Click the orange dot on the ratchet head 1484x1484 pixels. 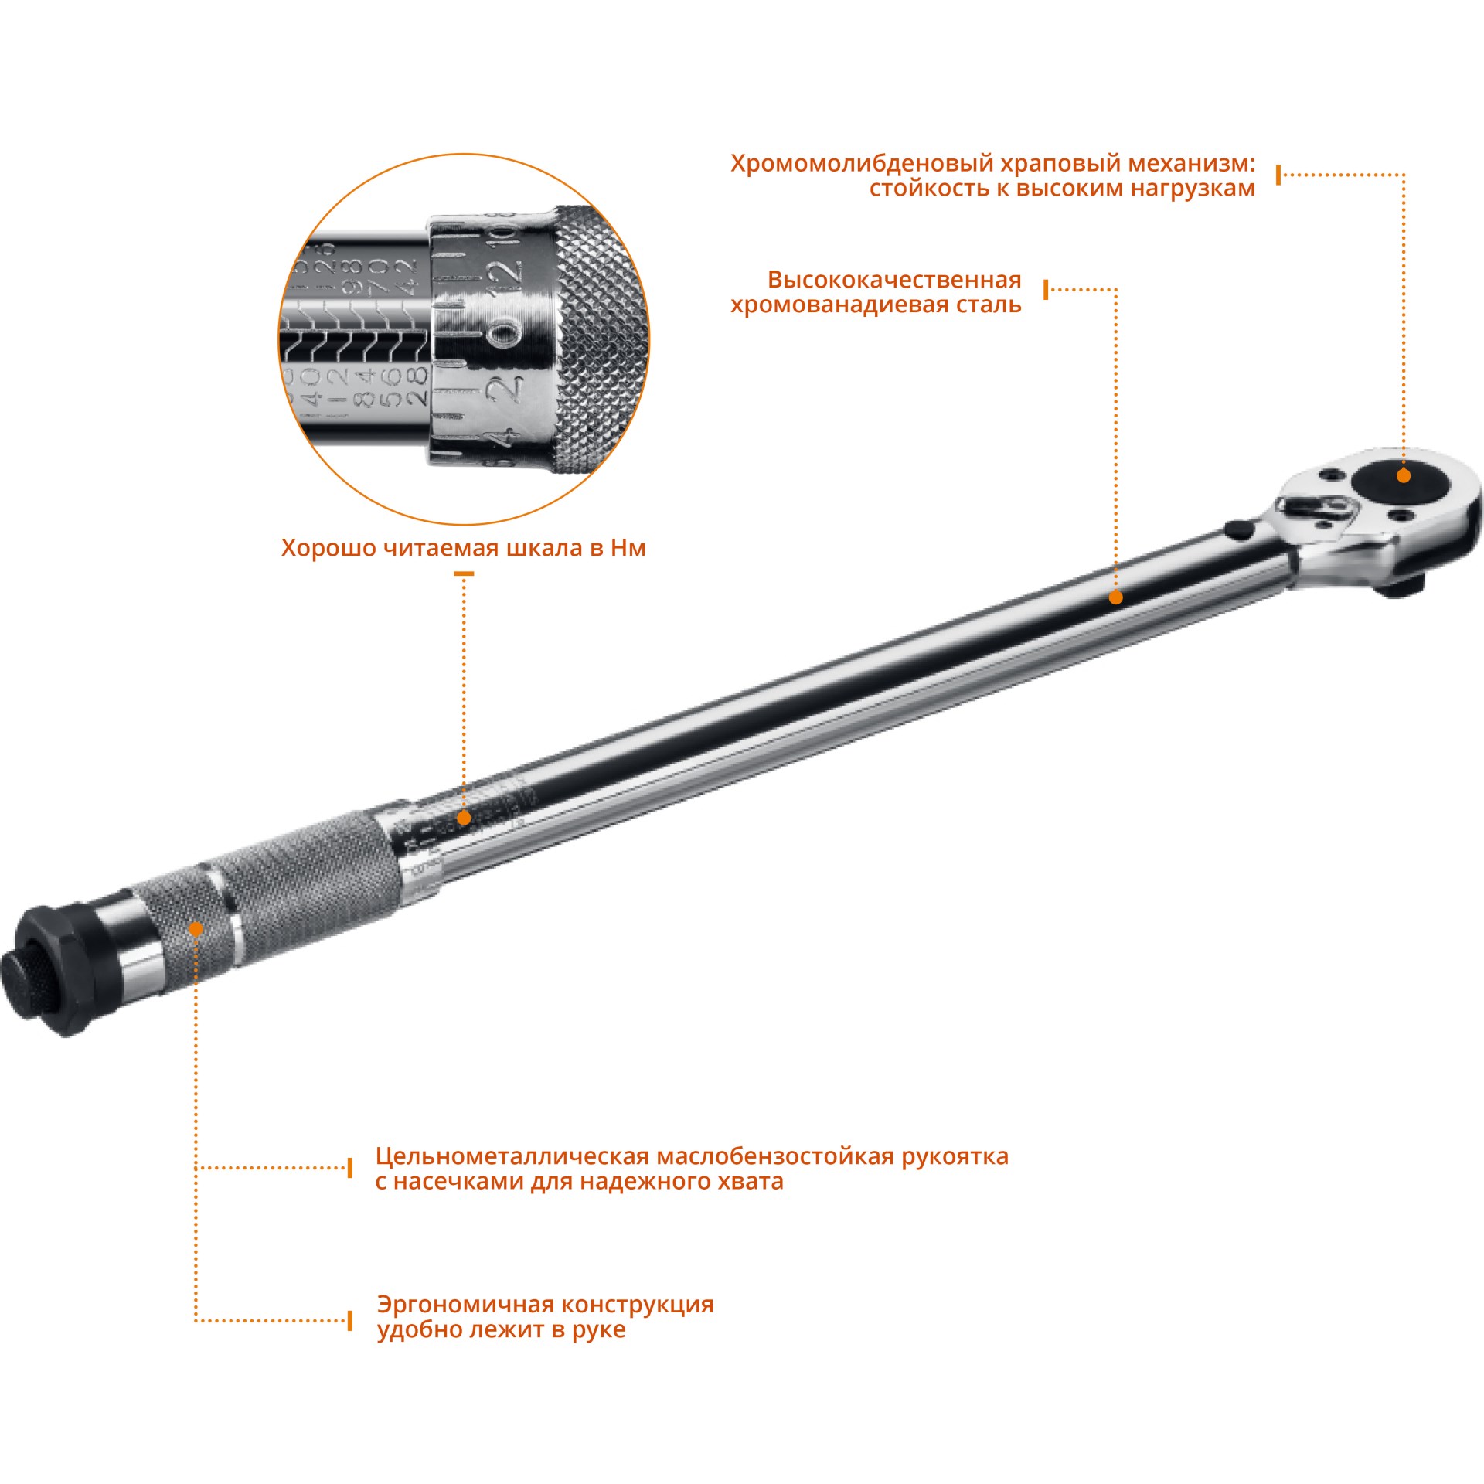(x=1404, y=476)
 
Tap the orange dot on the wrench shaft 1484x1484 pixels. (x=1115, y=597)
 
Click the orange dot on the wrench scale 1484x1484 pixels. (x=464, y=818)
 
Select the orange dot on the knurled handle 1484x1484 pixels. (x=196, y=929)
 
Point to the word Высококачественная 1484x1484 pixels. (x=894, y=280)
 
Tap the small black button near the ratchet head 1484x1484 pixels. (x=1238, y=529)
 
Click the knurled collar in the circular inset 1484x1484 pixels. (x=599, y=340)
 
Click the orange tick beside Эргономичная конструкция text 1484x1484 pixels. (x=350, y=1320)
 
